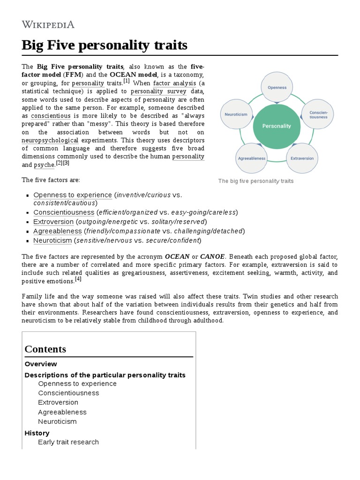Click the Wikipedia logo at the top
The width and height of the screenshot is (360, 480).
pos(48,25)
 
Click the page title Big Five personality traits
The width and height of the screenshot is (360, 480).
pos(105,45)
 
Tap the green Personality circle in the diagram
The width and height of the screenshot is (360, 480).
pos(277,126)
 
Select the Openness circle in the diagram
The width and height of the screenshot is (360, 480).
pos(277,87)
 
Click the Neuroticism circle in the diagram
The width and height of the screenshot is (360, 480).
pos(236,114)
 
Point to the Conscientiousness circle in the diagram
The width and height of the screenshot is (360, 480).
pos(318,114)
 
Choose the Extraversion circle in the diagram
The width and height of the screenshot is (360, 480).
pos(302,158)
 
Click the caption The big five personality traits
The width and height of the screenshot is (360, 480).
pos(256,181)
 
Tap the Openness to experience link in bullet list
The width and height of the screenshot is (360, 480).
pos(73,195)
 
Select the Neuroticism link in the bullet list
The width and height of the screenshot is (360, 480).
pos(52,240)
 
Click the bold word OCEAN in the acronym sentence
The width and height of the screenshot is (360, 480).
pos(177,256)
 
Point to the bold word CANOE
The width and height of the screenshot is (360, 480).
pos(212,256)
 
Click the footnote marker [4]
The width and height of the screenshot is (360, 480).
pos(78,279)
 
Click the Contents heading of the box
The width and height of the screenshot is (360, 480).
pos(45,349)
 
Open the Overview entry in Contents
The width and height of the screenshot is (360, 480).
pos(41,364)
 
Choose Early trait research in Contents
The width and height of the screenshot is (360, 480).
pos(68,442)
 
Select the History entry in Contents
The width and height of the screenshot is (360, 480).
pos(37,433)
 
